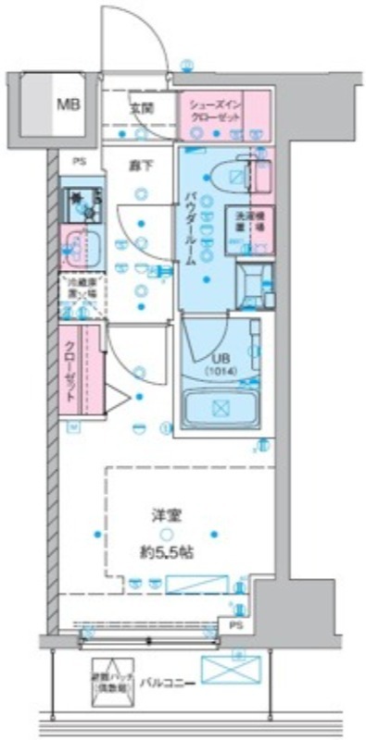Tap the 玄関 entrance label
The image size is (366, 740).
(142, 108)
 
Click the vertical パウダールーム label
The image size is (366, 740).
(190, 227)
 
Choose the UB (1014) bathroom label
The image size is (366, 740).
(221, 365)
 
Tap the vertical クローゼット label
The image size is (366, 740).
(70, 366)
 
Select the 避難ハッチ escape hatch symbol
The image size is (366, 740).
(108, 677)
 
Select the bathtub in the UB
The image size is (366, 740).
(220, 408)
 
